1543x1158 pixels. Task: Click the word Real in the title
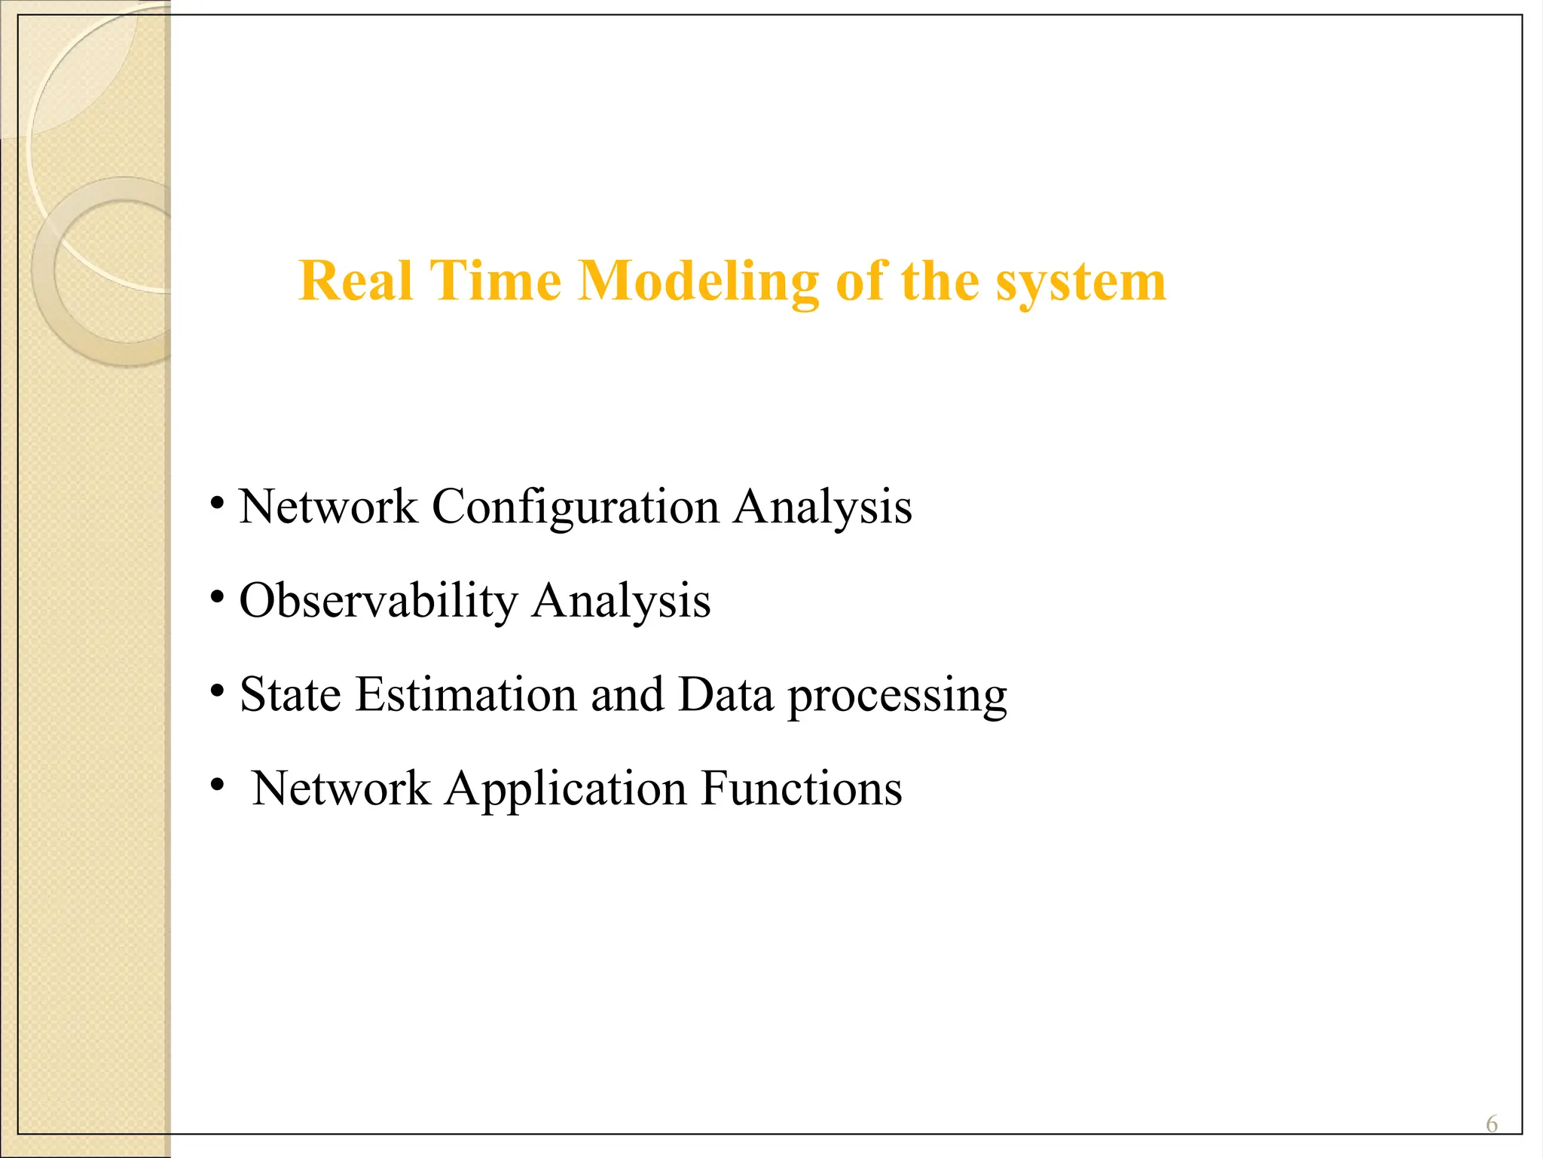point(356,281)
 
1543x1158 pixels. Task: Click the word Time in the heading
point(495,281)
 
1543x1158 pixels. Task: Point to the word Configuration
point(575,507)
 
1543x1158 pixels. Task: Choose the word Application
point(565,789)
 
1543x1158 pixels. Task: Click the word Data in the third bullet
point(726,694)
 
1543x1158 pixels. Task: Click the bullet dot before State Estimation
point(217,691)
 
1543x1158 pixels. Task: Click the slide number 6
point(1491,1124)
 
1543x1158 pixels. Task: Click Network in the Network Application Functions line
point(341,789)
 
